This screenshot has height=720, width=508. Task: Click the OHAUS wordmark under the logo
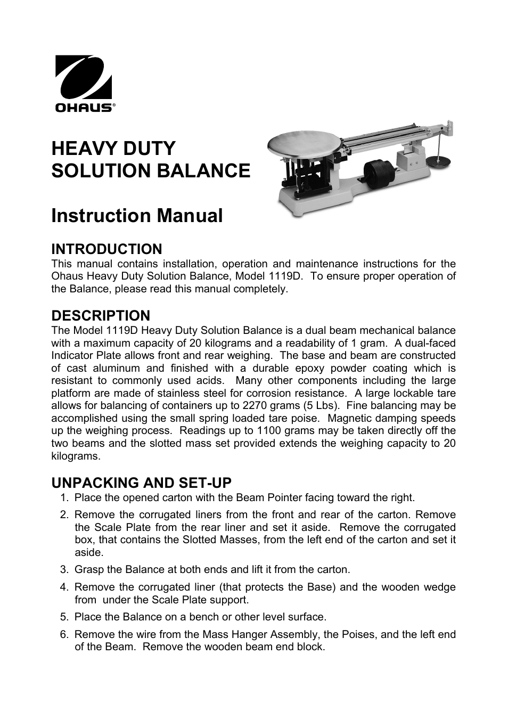[x=84, y=108]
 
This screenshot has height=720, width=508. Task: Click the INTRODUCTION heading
[x=106, y=249]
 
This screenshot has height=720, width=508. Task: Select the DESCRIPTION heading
[x=101, y=315]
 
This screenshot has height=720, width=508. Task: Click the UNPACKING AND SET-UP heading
[x=142, y=482]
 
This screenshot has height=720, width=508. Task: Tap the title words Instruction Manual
[x=137, y=216]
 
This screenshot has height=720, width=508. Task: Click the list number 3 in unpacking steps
[x=64, y=570]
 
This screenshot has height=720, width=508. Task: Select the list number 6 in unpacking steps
[x=64, y=635]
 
